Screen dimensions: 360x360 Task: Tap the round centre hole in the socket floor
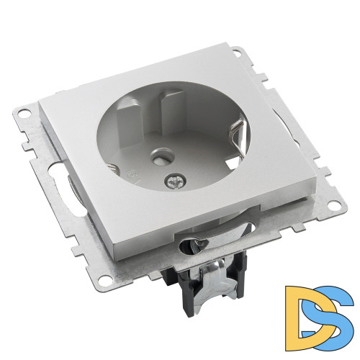(158, 158)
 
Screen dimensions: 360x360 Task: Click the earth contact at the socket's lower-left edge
(113, 168)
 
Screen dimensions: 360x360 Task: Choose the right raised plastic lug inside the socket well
(172, 108)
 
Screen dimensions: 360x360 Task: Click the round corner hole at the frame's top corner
(236, 52)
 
